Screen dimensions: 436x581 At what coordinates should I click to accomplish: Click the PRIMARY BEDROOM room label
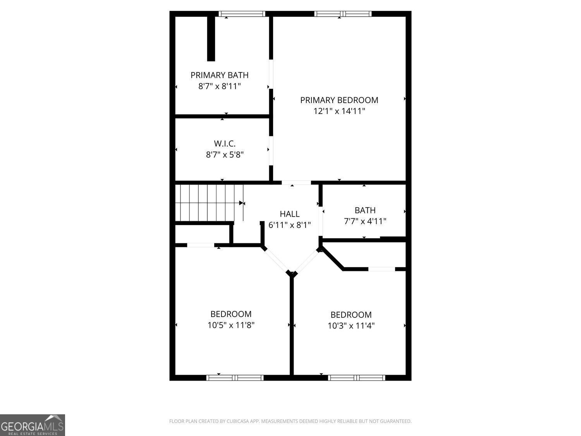tap(339, 100)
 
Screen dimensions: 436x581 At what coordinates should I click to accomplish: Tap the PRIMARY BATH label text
tap(219, 75)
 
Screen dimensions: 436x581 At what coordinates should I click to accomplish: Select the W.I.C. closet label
tap(225, 144)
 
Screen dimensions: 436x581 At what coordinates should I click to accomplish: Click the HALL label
tap(290, 214)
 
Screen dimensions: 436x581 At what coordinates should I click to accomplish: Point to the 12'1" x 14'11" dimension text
tap(339, 111)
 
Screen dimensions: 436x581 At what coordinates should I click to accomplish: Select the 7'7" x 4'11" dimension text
tap(365, 221)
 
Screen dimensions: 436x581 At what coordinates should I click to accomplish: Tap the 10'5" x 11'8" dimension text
tap(231, 325)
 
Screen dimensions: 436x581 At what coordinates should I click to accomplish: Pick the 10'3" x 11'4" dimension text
tap(351, 326)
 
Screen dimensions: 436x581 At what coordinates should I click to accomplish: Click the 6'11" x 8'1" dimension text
tap(290, 225)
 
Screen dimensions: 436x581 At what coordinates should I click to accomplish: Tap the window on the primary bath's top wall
tap(242, 14)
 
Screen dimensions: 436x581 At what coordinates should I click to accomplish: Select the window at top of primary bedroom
tap(343, 14)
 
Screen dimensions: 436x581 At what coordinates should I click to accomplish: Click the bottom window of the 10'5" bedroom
tap(235, 377)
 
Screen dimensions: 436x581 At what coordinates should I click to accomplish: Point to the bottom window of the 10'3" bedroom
tap(356, 377)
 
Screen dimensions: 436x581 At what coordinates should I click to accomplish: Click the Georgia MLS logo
tap(33, 425)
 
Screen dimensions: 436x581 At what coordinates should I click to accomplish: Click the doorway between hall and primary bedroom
tap(296, 183)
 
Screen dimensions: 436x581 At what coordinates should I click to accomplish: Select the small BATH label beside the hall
tap(365, 210)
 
